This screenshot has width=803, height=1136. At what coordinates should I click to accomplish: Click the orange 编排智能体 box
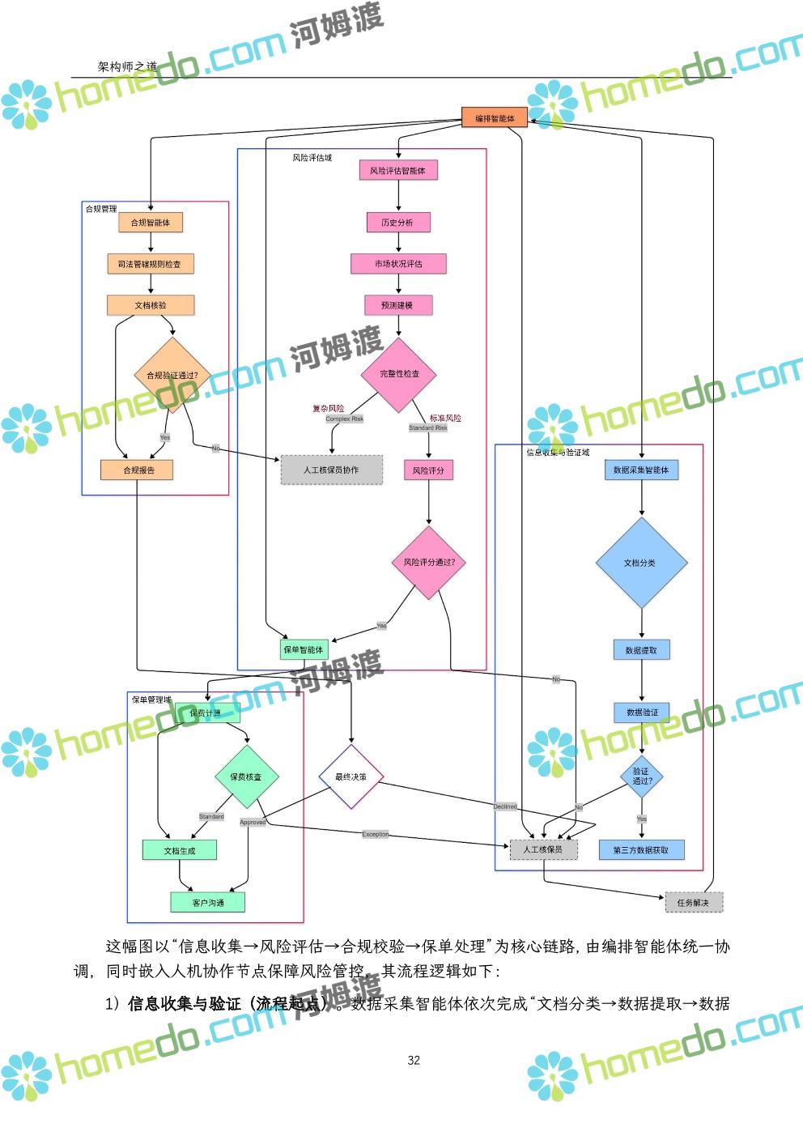click(495, 118)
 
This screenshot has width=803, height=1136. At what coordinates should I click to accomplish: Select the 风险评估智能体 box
click(397, 171)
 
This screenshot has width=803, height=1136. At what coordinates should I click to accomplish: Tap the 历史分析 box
click(397, 223)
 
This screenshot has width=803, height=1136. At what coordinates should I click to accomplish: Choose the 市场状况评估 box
click(397, 264)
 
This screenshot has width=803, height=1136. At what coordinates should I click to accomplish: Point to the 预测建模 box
click(397, 305)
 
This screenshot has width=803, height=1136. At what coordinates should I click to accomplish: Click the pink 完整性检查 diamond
click(399, 374)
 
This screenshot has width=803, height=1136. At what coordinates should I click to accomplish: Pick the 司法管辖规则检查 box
click(151, 264)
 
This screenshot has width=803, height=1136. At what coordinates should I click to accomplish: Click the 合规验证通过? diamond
click(171, 376)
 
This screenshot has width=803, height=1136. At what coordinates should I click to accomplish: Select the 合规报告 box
click(138, 470)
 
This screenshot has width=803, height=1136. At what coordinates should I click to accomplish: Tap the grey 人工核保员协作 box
click(331, 470)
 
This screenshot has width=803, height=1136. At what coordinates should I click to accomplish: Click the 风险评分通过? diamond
click(429, 562)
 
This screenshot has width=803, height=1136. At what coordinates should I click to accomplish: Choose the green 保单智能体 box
click(303, 649)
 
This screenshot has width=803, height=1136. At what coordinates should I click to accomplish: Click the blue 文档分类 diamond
click(640, 563)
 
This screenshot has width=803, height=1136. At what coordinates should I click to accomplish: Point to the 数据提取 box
click(641, 650)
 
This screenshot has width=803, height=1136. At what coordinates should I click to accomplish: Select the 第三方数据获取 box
click(641, 850)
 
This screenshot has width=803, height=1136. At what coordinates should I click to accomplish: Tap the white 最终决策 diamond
click(351, 777)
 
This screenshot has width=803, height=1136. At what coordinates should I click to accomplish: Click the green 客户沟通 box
click(208, 903)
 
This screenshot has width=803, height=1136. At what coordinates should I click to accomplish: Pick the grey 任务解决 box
click(693, 903)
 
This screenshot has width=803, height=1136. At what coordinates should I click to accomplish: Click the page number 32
click(414, 1061)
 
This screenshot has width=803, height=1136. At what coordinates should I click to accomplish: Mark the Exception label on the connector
click(375, 834)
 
